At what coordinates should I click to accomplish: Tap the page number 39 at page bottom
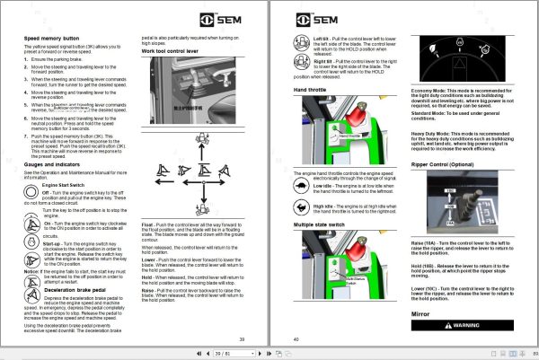pyautogui.click(x=241, y=338)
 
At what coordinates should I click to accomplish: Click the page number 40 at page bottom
pyautogui.click(x=296, y=338)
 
